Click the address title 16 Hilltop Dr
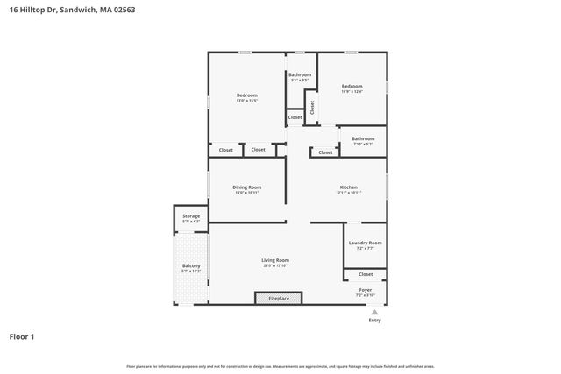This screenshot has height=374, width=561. (72, 9)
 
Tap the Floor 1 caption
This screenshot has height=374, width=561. (23, 335)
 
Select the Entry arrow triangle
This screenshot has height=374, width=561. (374, 312)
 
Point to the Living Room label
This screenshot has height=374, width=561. (275, 260)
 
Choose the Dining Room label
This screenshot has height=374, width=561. (246, 187)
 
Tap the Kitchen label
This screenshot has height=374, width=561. (349, 187)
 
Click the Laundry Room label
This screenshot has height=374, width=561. (365, 243)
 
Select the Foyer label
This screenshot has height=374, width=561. (366, 290)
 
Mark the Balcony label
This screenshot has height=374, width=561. (191, 266)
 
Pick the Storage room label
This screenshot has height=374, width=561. (191, 215)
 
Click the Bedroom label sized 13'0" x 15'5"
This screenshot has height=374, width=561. (246, 95)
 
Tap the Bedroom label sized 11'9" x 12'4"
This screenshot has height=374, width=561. (352, 86)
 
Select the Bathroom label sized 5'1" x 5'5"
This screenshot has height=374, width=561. (300, 75)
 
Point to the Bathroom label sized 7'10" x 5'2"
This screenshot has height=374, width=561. (363, 138)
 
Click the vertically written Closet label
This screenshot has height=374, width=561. (311, 108)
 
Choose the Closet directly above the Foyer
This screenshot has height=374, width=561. (366, 274)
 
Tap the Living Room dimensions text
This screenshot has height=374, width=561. (275, 266)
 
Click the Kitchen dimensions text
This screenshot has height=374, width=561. (349, 193)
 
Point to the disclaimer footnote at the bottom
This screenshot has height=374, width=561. (280, 366)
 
